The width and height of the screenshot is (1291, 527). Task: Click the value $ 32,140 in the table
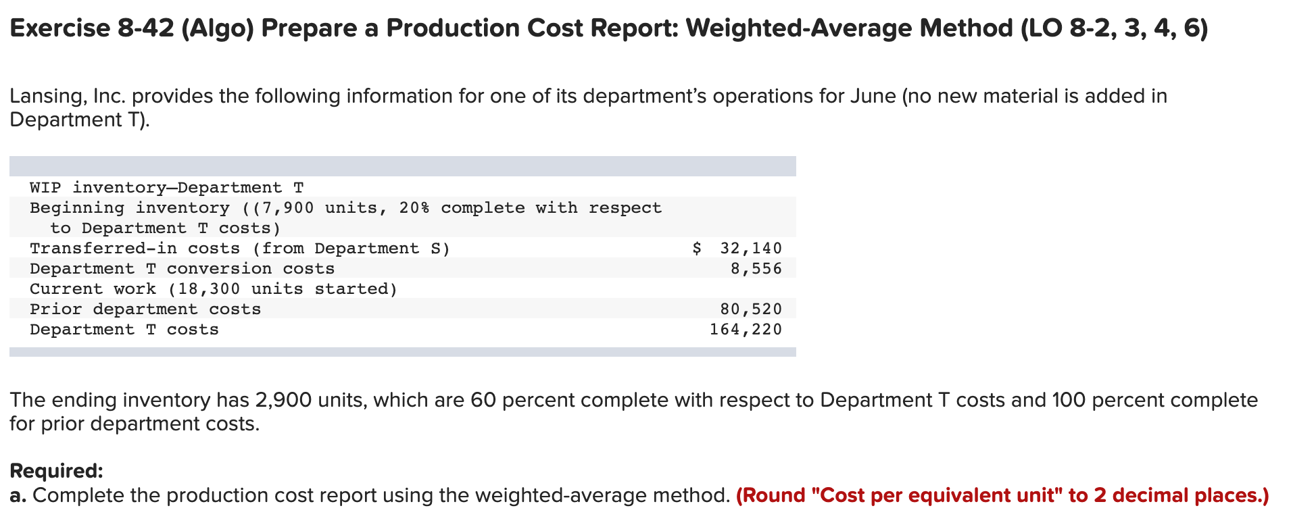pos(738,248)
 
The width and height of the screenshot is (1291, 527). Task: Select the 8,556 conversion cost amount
pos(756,268)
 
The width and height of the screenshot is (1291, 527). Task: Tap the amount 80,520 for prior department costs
pos(751,309)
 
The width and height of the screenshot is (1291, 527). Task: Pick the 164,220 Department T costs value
pos(746,329)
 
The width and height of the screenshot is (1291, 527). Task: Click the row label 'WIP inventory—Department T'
pos(166,187)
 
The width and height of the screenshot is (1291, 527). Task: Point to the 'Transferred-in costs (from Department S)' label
pos(239,248)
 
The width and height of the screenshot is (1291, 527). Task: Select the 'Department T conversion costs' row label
pos(182,268)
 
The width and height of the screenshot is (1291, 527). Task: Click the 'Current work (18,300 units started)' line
pos(214,288)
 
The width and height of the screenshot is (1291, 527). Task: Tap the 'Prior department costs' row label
pos(145,309)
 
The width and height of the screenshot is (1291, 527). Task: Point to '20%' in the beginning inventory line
pos(414,207)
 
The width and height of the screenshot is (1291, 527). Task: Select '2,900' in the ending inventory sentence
pos(283,400)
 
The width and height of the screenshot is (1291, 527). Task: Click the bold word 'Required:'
pos(56,470)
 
